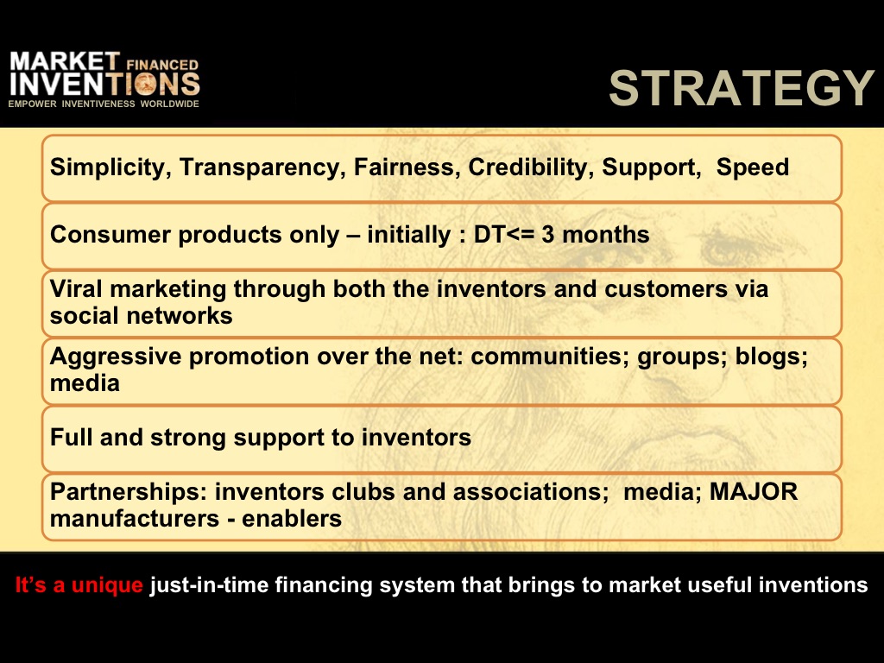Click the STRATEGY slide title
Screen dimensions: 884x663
point(742,88)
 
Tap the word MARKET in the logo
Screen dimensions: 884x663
point(65,61)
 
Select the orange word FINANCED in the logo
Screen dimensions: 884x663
point(162,65)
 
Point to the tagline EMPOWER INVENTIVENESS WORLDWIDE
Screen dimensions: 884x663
point(104,104)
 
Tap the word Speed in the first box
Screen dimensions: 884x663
point(753,167)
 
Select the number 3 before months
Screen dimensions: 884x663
point(548,235)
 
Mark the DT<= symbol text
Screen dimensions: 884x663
point(504,235)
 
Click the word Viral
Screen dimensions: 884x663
point(76,288)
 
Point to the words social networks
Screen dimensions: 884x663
point(141,316)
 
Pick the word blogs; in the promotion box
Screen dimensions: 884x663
point(772,357)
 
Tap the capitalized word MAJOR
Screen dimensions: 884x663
point(754,491)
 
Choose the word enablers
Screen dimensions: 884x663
point(292,519)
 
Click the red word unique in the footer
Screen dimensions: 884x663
point(107,585)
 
